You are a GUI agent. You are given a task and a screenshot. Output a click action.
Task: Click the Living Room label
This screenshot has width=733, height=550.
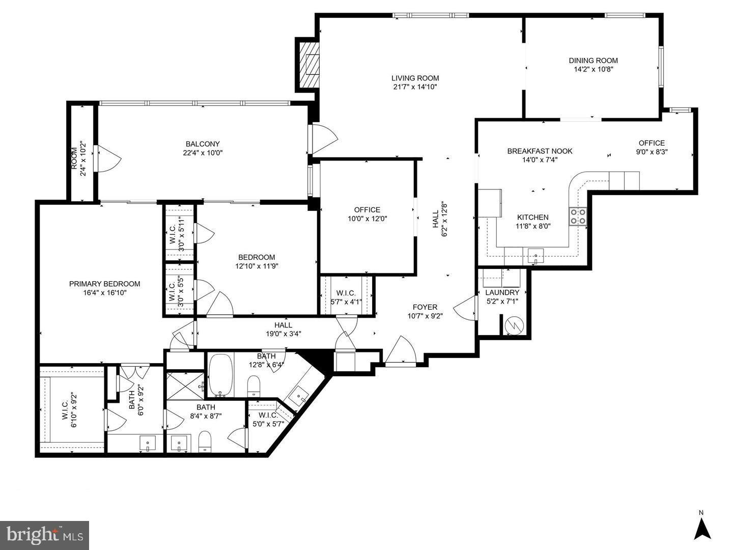415,78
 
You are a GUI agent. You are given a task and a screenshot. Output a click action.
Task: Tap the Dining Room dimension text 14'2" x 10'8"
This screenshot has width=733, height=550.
593,69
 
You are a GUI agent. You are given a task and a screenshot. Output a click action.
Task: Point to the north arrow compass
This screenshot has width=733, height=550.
702,528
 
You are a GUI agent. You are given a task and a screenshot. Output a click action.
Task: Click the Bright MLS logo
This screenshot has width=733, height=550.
45,535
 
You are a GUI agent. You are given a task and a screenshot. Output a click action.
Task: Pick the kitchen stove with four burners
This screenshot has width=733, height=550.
578,216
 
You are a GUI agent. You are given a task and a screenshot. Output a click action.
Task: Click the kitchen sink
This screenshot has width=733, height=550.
535,255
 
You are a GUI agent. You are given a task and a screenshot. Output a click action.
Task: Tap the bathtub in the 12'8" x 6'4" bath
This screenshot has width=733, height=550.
220,375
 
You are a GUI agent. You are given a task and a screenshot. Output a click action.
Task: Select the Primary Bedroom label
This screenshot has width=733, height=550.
104,284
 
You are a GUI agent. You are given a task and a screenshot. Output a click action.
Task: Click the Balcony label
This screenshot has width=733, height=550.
203,144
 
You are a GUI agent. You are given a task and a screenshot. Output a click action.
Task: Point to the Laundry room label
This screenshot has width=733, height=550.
502,292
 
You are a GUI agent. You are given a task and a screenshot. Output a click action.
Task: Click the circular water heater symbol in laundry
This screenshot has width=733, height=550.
514,324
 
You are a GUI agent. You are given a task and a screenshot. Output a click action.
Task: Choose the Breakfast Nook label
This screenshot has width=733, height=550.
540,151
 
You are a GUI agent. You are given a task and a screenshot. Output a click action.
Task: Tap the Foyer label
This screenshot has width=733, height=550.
425,307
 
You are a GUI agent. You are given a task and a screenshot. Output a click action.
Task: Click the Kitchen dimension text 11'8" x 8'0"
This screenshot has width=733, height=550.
533,226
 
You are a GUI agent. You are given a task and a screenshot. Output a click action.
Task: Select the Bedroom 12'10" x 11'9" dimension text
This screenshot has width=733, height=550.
257,266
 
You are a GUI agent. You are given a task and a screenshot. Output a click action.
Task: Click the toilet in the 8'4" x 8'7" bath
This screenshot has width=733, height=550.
205,441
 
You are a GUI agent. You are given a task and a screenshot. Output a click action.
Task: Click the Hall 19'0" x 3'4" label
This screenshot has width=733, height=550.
283,325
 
